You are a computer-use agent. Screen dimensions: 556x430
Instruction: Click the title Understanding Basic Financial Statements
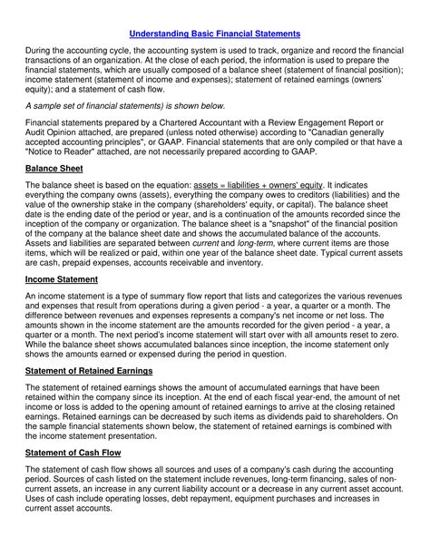[214, 34]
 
